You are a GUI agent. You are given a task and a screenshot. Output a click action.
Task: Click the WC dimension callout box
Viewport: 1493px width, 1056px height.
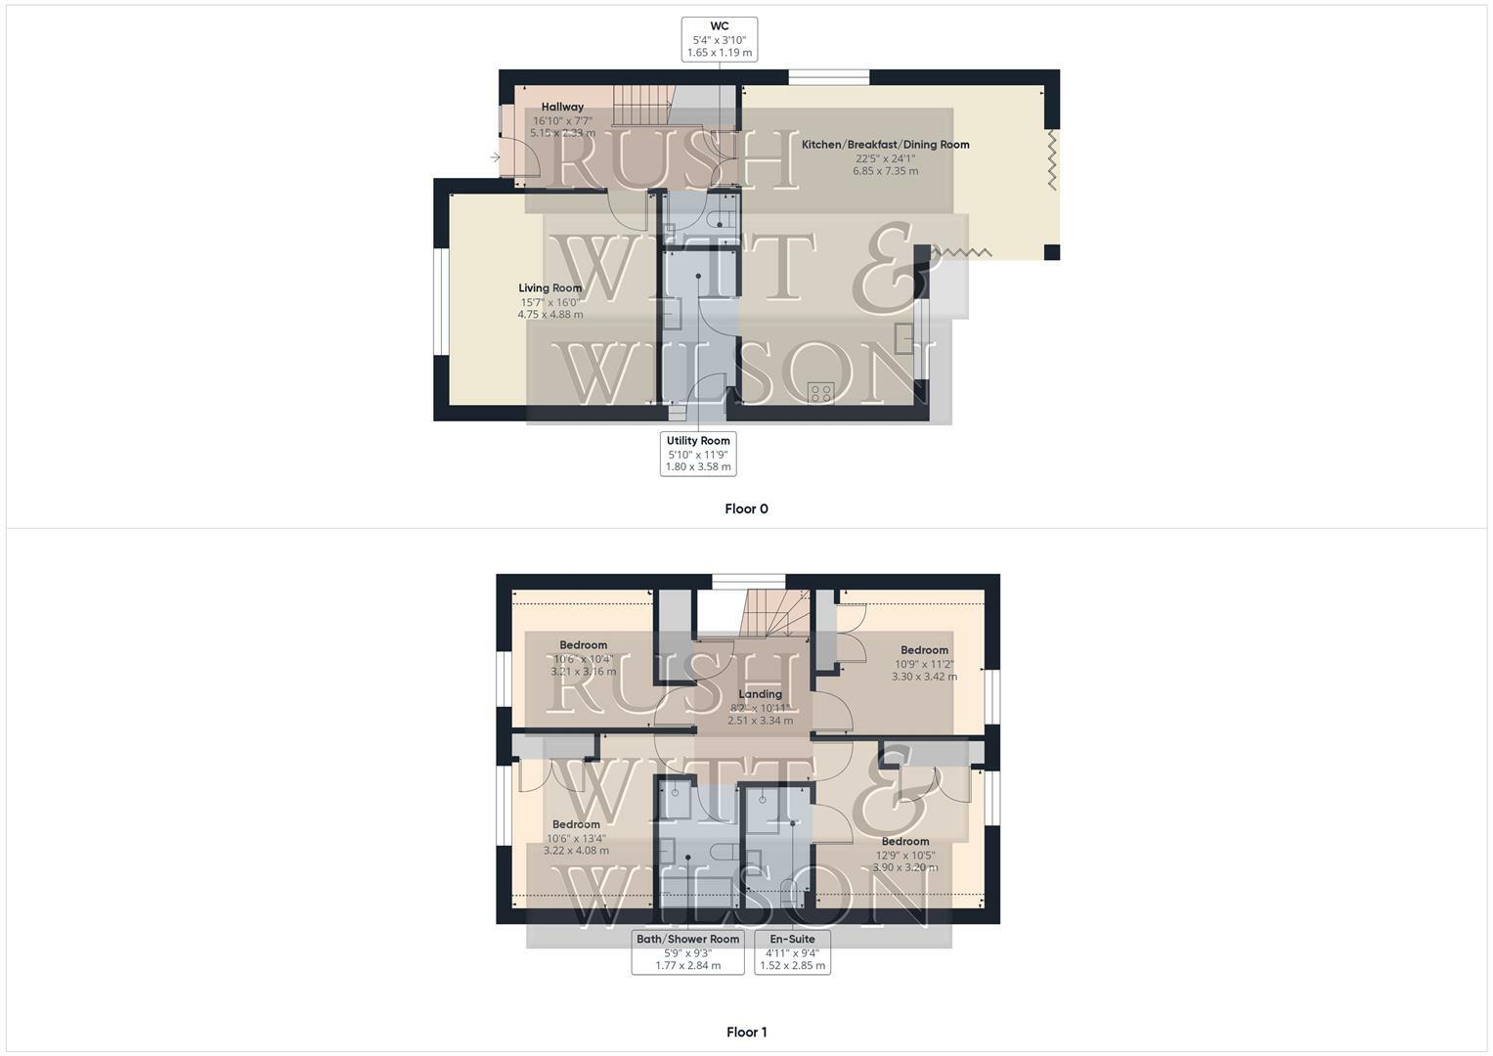719,39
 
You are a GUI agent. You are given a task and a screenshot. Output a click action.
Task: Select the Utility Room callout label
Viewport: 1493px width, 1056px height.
698,454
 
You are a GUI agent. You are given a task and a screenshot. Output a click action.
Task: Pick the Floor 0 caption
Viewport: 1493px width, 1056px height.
746,508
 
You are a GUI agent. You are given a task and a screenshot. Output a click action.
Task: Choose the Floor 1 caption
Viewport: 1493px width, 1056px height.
746,1032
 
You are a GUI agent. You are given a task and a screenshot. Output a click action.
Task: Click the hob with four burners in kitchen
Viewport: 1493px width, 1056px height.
820,393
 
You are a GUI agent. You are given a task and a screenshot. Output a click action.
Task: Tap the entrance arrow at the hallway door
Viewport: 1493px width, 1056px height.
496,157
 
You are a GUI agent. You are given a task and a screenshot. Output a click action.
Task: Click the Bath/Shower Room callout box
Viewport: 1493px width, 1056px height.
687,951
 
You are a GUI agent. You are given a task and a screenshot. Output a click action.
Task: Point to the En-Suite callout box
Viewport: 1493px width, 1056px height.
792,951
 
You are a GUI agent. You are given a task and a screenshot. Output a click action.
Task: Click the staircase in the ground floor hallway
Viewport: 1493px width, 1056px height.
641,105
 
